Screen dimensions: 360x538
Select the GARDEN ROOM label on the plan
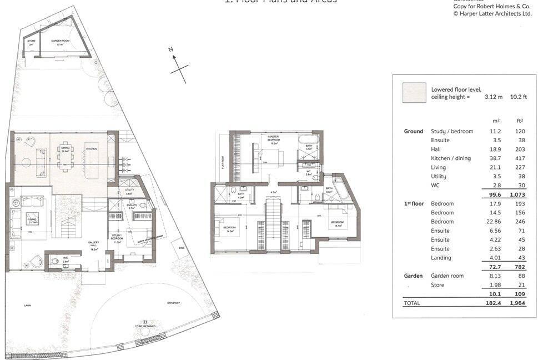tap(61, 42)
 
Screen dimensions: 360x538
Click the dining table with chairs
tap(66, 156)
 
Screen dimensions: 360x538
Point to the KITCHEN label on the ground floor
tap(91, 149)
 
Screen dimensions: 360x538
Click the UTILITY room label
tap(129, 190)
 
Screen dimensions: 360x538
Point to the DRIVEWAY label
tap(174, 303)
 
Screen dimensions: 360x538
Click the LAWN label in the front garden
tap(27, 306)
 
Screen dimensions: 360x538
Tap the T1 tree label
tap(145, 321)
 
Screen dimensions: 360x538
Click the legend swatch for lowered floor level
tap(414, 93)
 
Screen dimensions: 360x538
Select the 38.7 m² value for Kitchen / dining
tap(495, 158)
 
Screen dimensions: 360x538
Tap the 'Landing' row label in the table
tap(441, 258)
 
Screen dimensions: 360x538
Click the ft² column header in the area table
tap(519, 121)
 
